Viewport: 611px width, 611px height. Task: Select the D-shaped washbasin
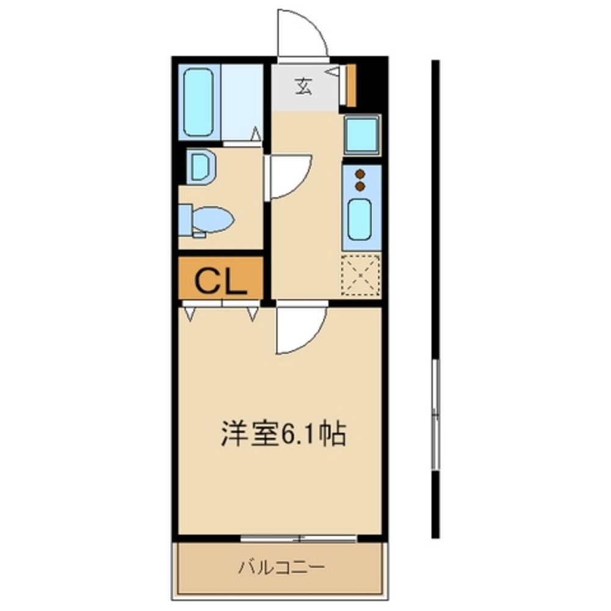click(201, 167)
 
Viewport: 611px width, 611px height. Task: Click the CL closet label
click(220, 282)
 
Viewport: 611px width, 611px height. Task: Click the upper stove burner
click(360, 174)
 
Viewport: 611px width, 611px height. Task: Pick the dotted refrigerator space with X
click(360, 275)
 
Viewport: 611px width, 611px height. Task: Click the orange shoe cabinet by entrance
click(351, 85)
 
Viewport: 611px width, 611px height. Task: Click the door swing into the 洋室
click(300, 330)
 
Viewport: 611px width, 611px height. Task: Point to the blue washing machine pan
click(362, 134)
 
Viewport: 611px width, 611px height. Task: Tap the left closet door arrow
click(190, 313)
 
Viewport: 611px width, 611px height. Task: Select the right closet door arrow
click(252, 313)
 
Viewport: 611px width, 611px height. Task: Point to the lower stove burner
click(360, 185)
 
